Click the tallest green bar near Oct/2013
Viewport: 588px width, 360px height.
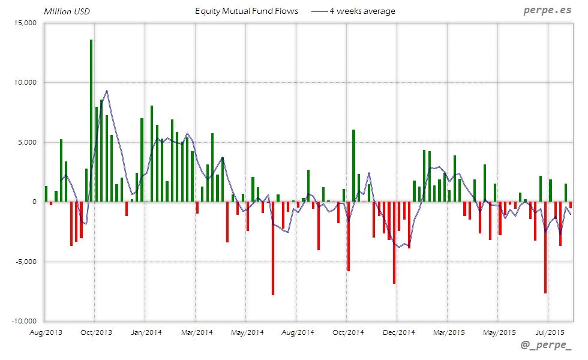[91, 120]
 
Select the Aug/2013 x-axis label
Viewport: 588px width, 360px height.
[45, 332]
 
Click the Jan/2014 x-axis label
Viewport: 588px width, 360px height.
[146, 332]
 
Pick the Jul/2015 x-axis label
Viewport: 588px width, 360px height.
[549, 332]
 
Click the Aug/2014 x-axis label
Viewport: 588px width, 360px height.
[298, 332]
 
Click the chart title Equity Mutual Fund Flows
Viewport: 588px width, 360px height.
[247, 11]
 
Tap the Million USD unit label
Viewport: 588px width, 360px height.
[66, 11]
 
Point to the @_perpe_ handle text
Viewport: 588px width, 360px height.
[546, 346]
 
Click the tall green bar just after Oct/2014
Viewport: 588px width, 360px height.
[354, 165]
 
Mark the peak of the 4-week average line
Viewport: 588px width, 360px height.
[107, 91]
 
